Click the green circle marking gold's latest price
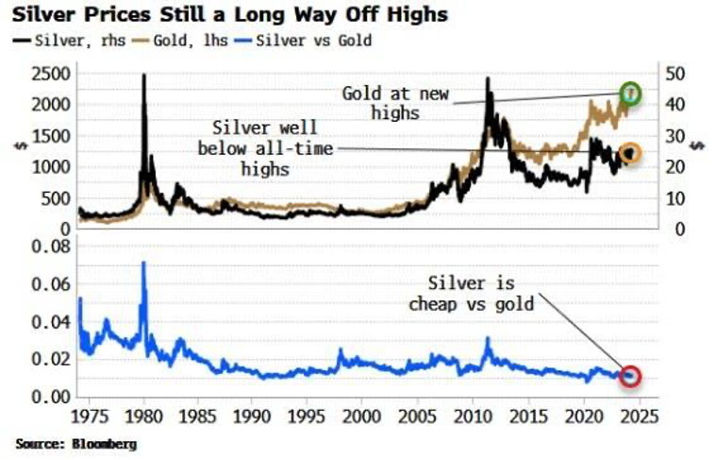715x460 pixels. coord(631,93)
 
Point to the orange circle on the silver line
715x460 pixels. coord(629,154)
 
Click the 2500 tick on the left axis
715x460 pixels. coord(49,74)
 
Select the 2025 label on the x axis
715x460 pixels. coord(640,415)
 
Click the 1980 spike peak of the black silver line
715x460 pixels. coord(143,76)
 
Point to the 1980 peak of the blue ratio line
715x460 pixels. coord(143,263)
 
